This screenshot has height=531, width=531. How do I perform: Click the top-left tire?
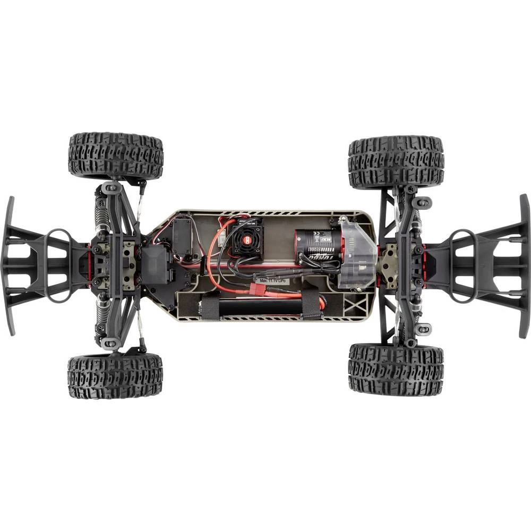[x=116, y=156]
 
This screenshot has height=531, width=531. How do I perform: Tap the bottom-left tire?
[x=115, y=376]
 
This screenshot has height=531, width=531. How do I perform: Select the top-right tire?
[x=396, y=162]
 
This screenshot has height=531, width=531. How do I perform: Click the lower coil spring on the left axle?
[x=100, y=319]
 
